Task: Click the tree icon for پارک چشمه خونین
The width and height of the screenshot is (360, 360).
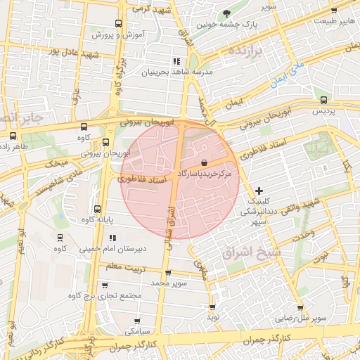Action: [226, 14]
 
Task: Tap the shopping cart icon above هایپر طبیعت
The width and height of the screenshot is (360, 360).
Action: [333, 10]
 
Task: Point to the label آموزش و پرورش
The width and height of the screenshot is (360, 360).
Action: [113, 34]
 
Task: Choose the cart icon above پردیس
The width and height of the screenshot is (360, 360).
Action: [323, 100]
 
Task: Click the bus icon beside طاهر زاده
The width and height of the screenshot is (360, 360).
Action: [13, 136]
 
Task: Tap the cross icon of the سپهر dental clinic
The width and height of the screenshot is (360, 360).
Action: [259, 191]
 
